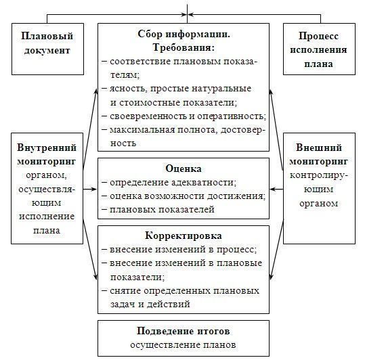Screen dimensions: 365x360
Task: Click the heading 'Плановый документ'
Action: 47,43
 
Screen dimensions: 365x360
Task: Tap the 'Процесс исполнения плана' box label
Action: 319,49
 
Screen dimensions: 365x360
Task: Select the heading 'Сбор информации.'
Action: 184,34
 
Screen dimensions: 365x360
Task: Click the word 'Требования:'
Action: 184,47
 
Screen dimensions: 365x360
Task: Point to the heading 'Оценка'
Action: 184,168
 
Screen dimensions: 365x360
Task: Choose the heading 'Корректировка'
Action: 184,235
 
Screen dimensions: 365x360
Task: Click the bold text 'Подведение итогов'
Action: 184,331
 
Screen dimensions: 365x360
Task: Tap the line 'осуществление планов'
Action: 183,344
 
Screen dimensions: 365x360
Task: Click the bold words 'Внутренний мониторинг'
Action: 47,154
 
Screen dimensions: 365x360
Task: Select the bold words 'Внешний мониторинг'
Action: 319,154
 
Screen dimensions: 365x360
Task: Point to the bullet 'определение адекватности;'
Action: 169,183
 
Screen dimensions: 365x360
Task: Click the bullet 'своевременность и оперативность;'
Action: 184,116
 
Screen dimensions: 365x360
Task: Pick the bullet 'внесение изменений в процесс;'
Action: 179,250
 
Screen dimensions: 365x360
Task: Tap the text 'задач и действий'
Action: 150,305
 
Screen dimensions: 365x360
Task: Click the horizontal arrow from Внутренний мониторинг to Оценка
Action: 90,189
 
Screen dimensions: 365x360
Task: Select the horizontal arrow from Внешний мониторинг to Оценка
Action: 276,189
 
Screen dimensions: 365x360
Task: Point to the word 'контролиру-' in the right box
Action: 319,175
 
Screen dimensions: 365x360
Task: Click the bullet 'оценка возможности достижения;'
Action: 184,196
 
